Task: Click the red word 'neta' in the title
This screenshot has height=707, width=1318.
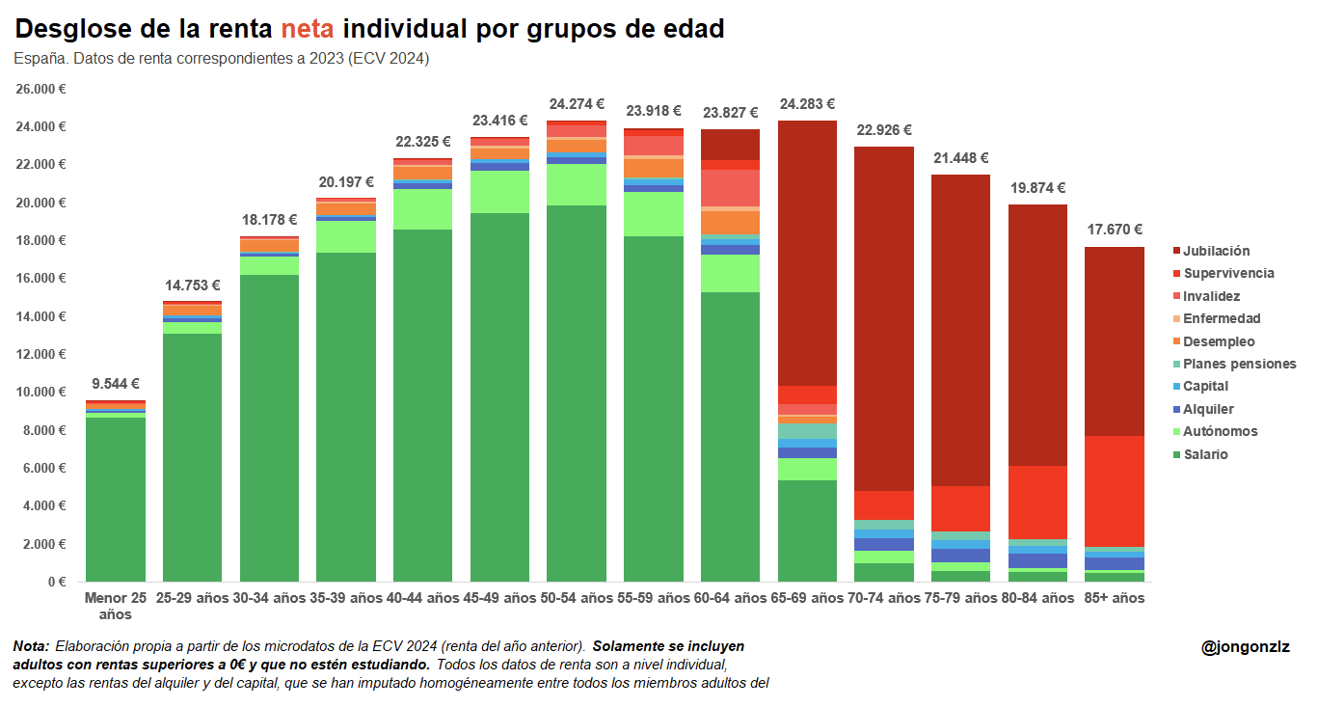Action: tap(307, 30)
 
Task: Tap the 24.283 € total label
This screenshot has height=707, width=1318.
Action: tap(807, 104)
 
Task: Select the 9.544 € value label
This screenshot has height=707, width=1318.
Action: tap(116, 383)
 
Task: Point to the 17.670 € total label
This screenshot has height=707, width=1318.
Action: tap(1115, 230)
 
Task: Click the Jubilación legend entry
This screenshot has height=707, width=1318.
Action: tap(1216, 251)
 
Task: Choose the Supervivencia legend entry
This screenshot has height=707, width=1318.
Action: tap(1228, 273)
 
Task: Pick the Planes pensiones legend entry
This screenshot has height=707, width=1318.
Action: tap(1239, 364)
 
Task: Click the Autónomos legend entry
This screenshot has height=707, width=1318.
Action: tap(1220, 431)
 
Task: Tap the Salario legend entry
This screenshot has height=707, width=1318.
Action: tap(1205, 454)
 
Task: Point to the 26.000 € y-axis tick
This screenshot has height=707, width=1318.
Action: tap(41, 89)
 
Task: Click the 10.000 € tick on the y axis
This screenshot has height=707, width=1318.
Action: tap(41, 393)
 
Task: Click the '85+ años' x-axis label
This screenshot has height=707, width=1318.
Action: tap(1115, 598)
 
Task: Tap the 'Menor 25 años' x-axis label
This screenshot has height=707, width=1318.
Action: tap(116, 606)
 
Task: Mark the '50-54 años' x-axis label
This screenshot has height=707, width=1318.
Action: tap(577, 598)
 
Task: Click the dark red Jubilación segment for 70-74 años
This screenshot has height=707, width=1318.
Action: tap(884, 318)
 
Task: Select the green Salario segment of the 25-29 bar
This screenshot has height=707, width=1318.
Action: tap(193, 453)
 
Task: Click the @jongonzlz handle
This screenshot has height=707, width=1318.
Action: tap(1245, 647)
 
